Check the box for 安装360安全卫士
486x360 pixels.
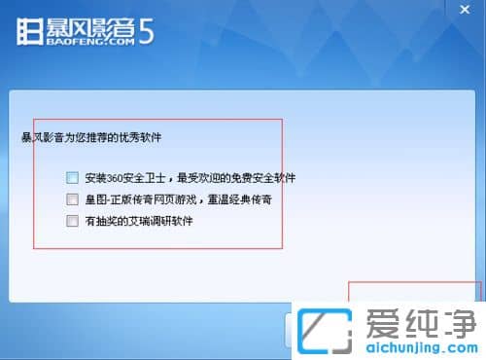(72, 178)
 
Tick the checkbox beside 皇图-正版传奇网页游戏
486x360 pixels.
(72, 199)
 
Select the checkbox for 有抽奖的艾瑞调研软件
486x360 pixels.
(72, 221)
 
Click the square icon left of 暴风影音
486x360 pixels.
(30, 30)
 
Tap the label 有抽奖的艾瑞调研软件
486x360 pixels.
(139, 221)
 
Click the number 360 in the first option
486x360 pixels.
(118, 178)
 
